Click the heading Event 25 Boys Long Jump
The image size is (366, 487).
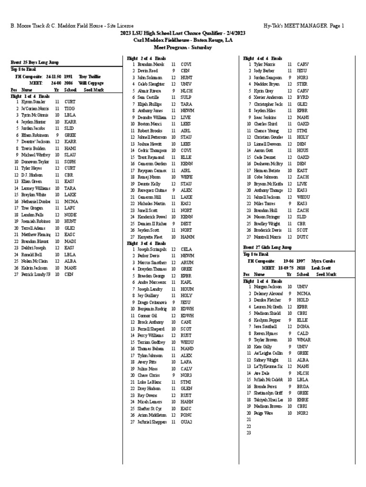pos(32,63)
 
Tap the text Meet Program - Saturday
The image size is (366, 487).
pos(183,48)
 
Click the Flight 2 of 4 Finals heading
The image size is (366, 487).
pos(146,58)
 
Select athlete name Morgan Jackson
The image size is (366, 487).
pos(267,287)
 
